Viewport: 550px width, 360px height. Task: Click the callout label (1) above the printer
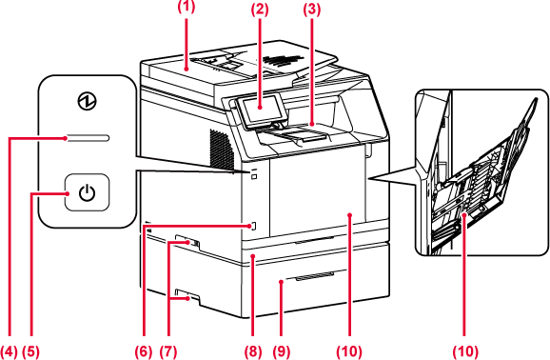[x=186, y=7]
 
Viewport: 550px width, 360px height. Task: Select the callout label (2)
[x=260, y=10]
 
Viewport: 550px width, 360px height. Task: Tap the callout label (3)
[x=312, y=10]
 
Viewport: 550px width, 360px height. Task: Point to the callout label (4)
[x=9, y=351]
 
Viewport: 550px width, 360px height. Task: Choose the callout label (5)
[x=30, y=351]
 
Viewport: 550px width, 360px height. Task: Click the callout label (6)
[x=144, y=351]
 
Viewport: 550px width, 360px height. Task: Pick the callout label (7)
[x=168, y=351]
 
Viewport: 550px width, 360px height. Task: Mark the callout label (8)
[x=253, y=351]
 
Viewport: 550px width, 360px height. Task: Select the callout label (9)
[x=282, y=351]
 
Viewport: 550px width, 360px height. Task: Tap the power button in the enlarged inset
[x=87, y=192]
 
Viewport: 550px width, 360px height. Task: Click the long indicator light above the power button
[x=88, y=138]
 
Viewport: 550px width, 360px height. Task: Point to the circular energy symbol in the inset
[x=87, y=102]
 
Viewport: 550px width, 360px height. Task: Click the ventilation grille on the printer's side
[x=222, y=150]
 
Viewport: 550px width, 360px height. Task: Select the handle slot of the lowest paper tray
[x=315, y=276]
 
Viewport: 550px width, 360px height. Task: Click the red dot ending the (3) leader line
[x=312, y=124]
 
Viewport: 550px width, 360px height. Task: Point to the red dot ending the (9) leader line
[x=281, y=281]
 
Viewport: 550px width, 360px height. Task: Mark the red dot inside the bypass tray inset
[x=465, y=214]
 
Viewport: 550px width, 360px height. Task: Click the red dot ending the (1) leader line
[x=187, y=70]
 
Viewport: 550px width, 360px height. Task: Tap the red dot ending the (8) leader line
[x=253, y=257]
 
